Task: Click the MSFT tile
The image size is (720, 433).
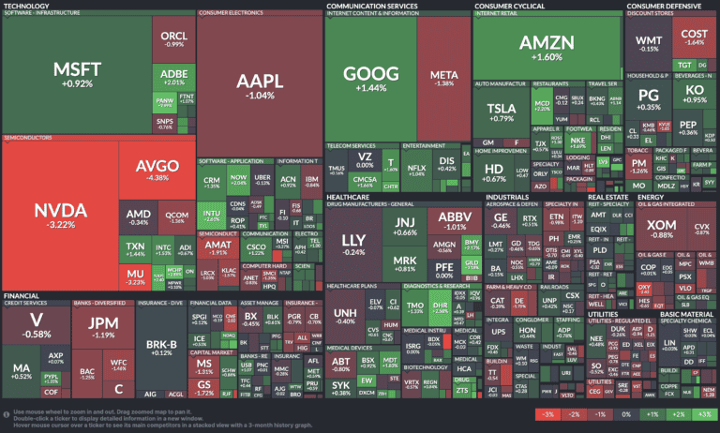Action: coord(76,75)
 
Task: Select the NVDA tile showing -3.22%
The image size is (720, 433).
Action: coord(58,216)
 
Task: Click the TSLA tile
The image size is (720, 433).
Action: coord(502,112)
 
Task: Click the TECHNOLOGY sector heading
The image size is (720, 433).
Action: coord(26,5)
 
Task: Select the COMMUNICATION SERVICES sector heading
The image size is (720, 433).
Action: coord(371,5)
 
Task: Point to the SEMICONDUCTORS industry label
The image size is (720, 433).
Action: coord(28,137)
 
